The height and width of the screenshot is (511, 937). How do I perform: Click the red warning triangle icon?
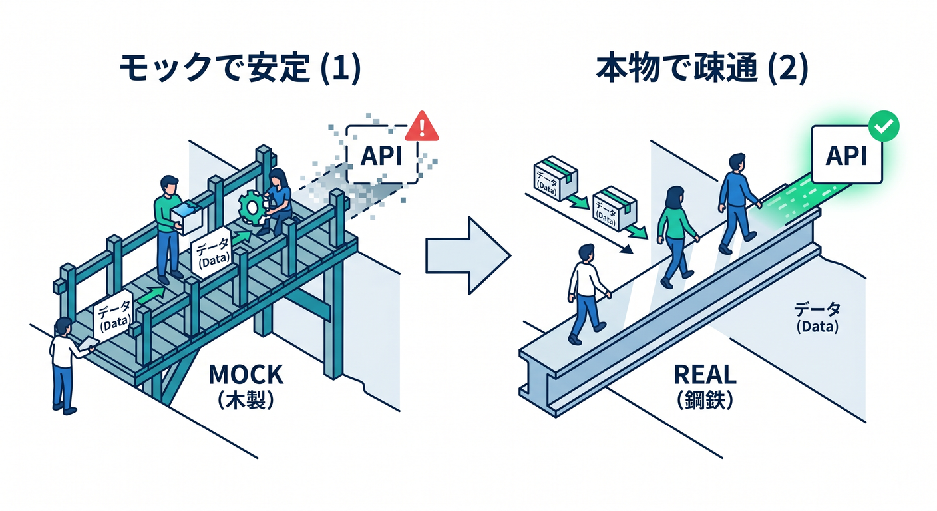(x=422, y=127)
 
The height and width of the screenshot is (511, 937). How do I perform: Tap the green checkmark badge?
(x=884, y=126)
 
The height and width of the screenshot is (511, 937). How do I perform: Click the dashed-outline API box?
(x=381, y=155)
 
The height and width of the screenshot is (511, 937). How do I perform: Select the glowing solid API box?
(x=846, y=155)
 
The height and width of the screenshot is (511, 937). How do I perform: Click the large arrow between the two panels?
(x=468, y=255)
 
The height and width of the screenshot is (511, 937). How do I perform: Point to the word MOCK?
(x=246, y=375)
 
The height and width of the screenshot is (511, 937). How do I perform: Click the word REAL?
(x=705, y=375)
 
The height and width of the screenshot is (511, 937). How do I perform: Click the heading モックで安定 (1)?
(x=240, y=68)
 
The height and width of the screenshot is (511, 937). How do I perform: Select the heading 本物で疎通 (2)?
(x=702, y=68)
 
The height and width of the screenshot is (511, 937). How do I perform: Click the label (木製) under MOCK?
(x=246, y=400)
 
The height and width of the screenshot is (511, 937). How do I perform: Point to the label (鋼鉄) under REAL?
(x=705, y=400)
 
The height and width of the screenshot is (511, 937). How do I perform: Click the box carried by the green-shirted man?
(x=186, y=218)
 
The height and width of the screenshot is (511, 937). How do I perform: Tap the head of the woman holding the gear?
(x=278, y=178)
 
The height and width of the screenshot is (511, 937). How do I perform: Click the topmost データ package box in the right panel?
(x=556, y=178)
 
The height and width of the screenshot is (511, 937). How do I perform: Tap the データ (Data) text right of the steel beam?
(x=817, y=318)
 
